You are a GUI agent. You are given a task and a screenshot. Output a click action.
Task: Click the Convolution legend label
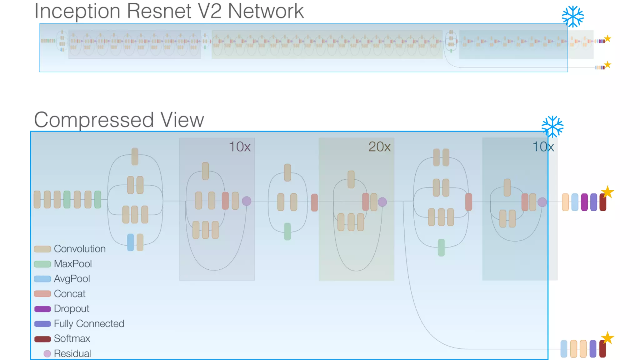click(x=79, y=249)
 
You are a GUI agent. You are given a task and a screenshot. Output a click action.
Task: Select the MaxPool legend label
click(x=72, y=264)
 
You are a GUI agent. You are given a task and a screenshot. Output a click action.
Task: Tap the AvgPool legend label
click(x=72, y=278)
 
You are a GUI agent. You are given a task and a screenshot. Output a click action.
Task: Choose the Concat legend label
click(x=69, y=294)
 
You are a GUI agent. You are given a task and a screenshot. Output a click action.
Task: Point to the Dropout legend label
click(x=71, y=309)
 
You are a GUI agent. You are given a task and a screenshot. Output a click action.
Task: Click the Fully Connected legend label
click(x=89, y=324)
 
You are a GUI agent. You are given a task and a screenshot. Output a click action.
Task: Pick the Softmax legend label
click(x=72, y=338)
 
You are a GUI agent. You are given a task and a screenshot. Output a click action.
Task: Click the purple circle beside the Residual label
click(x=47, y=353)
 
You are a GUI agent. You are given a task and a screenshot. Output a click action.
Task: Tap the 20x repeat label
click(x=379, y=147)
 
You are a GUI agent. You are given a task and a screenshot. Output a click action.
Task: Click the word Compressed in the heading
click(x=94, y=120)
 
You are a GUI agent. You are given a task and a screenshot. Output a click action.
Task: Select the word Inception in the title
click(x=77, y=11)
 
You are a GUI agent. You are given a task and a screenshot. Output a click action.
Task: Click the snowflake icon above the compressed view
click(x=552, y=127)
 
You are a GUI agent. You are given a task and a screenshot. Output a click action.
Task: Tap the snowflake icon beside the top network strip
click(x=572, y=17)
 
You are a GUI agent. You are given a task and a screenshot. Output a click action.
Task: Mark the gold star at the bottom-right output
click(x=607, y=338)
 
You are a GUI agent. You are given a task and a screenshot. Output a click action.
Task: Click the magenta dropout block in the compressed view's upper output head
click(x=584, y=202)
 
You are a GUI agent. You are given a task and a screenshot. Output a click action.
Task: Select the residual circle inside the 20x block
click(x=382, y=202)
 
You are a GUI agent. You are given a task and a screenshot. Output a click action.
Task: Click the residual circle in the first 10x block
click(x=247, y=201)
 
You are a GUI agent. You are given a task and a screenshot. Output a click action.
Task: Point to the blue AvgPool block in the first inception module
click(x=131, y=242)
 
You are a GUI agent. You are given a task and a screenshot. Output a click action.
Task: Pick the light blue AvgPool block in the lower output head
click(x=564, y=349)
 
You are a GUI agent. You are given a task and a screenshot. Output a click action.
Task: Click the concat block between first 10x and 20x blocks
click(x=314, y=202)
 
